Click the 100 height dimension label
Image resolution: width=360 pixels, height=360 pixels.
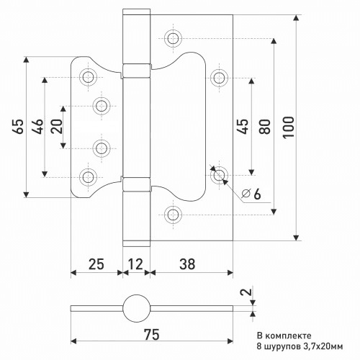click(x=289, y=127)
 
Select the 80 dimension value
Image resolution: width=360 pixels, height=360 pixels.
click(x=264, y=126)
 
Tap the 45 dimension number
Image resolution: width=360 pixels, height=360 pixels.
click(x=243, y=126)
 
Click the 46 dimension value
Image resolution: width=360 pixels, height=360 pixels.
click(x=38, y=126)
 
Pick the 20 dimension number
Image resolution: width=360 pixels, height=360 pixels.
click(x=57, y=126)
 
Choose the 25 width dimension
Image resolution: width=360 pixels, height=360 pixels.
click(x=96, y=264)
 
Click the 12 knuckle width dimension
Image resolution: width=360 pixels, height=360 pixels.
click(x=135, y=264)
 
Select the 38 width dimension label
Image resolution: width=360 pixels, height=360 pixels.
click(x=187, y=264)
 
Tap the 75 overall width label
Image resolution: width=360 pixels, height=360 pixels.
click(x=151, y=334)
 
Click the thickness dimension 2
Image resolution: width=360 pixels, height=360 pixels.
click(x=247, y=292)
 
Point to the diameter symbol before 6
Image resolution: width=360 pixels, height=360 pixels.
click(x=246, y=193)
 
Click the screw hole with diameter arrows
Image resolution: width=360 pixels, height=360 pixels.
click(x=219, y=175)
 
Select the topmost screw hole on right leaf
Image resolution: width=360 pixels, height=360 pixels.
click(x=173, y=38)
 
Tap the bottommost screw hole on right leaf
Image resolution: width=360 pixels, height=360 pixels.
click(x=173, y=215)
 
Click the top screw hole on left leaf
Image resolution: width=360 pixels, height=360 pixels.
click(x=88, y=77)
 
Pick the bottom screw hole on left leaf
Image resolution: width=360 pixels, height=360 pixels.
click(x=88, y=177)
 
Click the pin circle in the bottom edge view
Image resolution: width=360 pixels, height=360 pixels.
click(x=136, y=308)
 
